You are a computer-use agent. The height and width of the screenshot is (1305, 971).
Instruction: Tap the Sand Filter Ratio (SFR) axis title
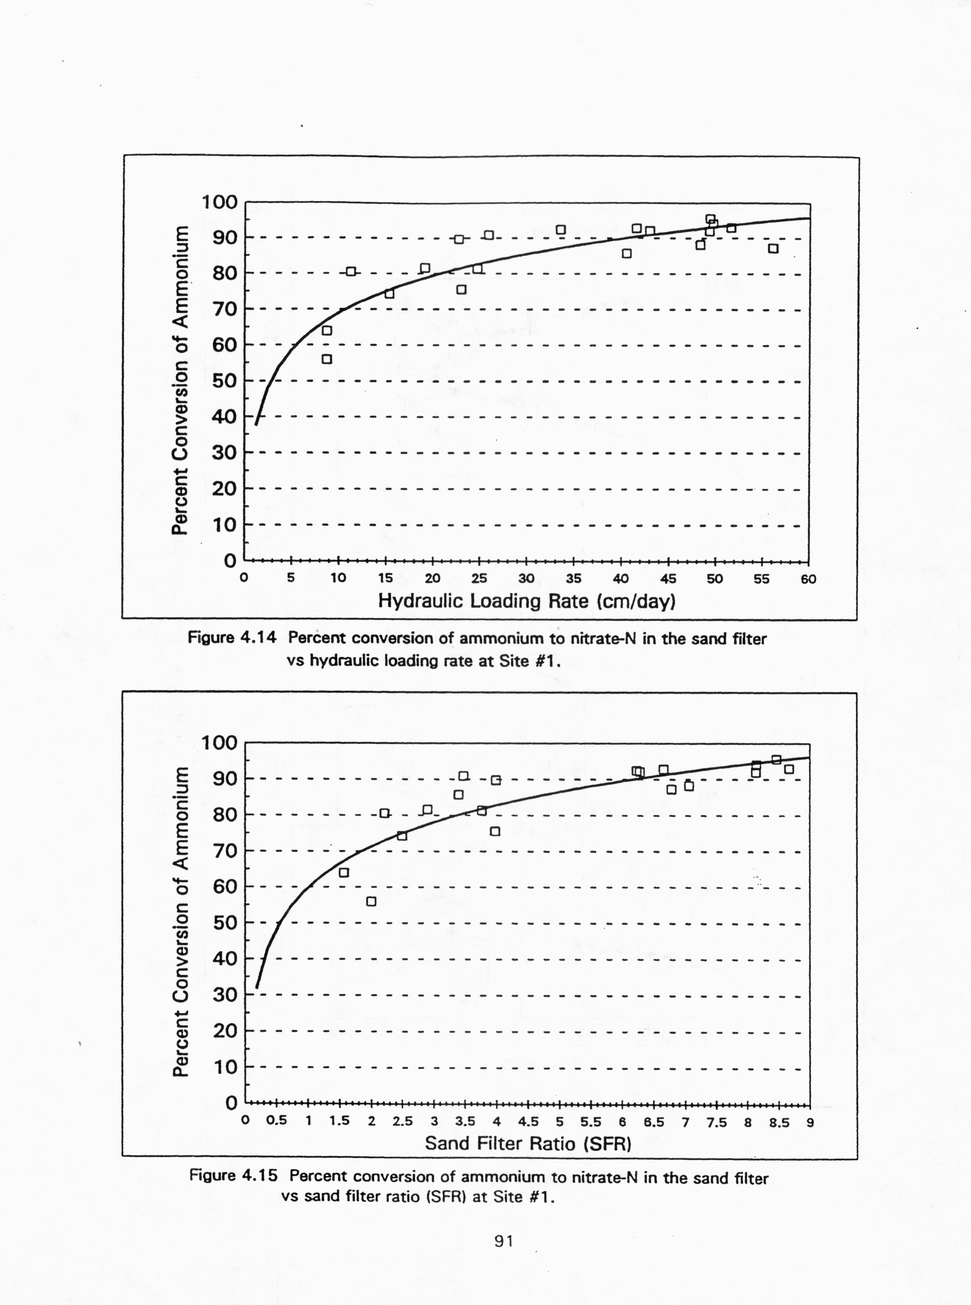[528, 1143]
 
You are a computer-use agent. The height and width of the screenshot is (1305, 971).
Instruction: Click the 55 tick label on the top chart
[761, 578]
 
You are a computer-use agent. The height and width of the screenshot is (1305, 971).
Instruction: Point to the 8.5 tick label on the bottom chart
[779, 1122]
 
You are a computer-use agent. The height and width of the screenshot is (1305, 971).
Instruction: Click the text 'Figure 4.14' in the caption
[232, 638]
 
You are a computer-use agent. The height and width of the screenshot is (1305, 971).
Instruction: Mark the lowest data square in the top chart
[327, 359]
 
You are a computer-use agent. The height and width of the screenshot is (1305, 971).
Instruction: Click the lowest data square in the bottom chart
[371, 901]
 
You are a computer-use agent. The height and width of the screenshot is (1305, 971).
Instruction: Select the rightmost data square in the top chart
[774, 248]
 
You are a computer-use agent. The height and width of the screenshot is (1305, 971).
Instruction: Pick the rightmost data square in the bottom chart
[789, 769]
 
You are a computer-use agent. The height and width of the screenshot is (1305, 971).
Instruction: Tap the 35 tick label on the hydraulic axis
[573, 578]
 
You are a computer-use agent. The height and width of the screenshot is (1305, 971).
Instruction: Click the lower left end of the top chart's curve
[256, 424]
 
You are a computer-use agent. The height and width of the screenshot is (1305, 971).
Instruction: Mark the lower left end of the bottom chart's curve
[257, 987]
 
